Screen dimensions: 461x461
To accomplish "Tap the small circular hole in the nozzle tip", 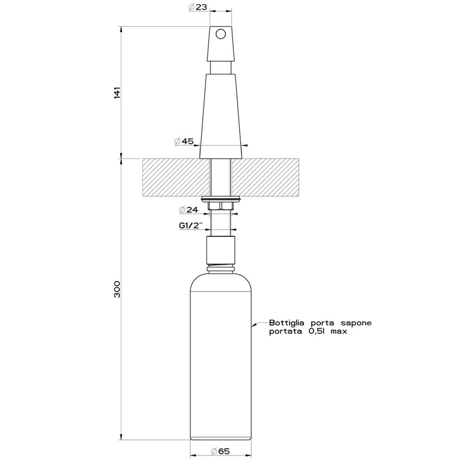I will click(220, 34).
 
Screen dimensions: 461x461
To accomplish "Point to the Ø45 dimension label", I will click(184, 142).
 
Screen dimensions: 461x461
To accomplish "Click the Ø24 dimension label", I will click(188, 210).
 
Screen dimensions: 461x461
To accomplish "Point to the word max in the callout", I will click(338, 331).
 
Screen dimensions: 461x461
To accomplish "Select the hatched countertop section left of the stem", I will click(174, 177).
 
